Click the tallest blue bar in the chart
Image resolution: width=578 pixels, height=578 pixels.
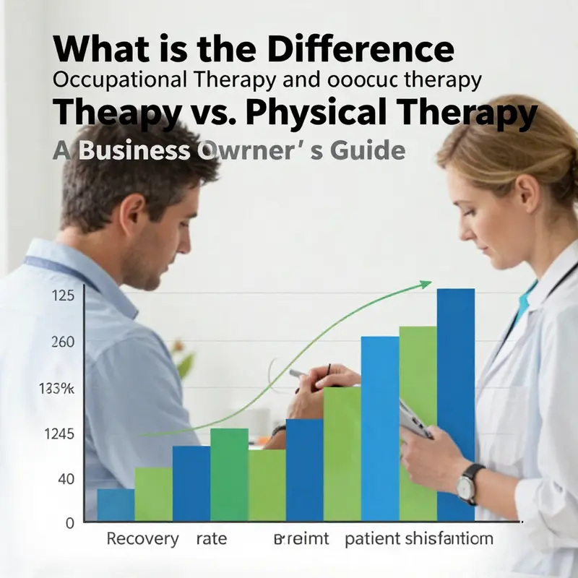(456, 405)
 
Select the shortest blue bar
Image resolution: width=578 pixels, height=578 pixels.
(116, 504)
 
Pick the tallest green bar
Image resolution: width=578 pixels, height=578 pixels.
(418, 423)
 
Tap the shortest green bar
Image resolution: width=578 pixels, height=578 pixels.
(153, 493)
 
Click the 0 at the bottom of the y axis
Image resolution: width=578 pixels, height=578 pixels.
(69, 522)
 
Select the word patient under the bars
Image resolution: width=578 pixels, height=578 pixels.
(371, 540)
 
